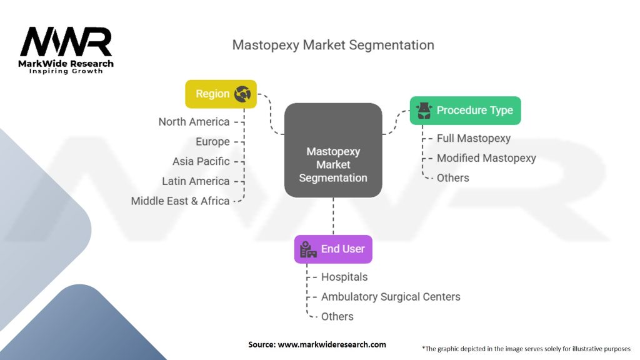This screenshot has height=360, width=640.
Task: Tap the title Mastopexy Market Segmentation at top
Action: [333, 45]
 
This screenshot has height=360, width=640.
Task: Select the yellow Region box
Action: [221, 94]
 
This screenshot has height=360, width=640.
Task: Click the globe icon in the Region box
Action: [242, 94]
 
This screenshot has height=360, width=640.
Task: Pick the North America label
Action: [194, 122]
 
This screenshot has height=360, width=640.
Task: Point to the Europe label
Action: [212, 142]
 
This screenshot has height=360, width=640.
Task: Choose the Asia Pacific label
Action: [201, 161]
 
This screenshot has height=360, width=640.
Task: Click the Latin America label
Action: [196, 181]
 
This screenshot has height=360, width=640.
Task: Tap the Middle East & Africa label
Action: [180, 201]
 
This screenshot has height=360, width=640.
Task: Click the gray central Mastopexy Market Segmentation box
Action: [333, 150]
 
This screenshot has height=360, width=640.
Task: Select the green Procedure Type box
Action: [465, 111]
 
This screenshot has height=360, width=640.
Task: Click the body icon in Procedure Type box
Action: [424, 111]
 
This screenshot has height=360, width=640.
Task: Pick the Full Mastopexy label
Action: [474, 138]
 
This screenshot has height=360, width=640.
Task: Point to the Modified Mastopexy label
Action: [486, 158]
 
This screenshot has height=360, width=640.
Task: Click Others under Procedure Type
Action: [452, 178]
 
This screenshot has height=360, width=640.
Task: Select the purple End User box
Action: [333, 249]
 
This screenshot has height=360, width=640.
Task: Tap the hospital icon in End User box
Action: [308, 249]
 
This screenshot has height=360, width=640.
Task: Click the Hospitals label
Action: [344, 277]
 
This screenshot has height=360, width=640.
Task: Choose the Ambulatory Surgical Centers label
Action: [391, 297]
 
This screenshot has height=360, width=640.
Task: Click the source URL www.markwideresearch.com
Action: [332, 344]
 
